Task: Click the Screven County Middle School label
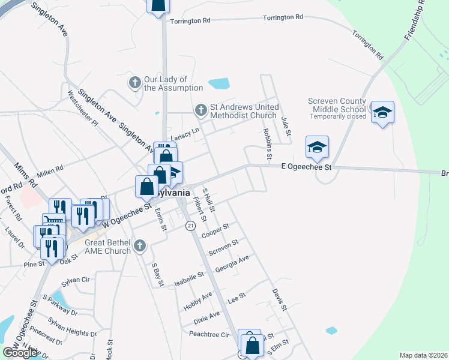336,104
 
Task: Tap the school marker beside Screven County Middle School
382,112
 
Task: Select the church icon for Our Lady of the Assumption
135,82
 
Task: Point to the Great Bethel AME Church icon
140,245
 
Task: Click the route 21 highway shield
190,225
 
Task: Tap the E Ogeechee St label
307,167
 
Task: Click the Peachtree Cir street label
209,334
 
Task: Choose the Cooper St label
216,231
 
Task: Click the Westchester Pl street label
82,107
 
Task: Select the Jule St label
286,125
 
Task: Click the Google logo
20,353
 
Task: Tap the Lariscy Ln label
184,137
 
